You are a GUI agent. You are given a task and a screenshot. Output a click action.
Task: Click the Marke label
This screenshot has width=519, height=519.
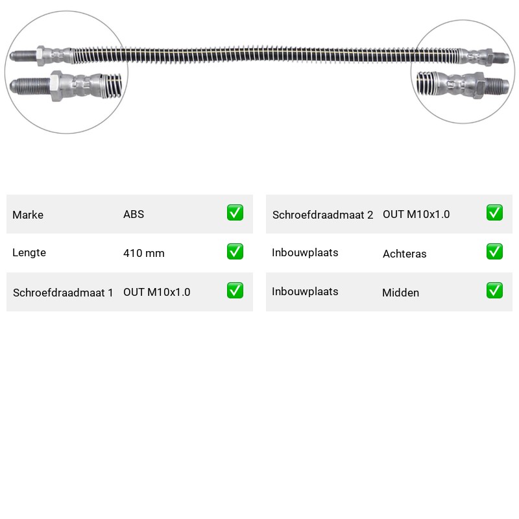coord(28,215)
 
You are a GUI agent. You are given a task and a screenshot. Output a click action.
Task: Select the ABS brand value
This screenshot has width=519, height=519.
coord(134,214)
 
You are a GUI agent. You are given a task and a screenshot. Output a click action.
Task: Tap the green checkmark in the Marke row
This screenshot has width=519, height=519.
coord(235,213)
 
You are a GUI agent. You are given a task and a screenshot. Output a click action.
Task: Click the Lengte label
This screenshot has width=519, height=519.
coord(29,252)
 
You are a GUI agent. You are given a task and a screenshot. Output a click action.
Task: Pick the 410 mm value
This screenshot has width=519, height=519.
coord(143,253)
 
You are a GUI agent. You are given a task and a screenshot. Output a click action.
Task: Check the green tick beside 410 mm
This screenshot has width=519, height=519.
coord(235,252)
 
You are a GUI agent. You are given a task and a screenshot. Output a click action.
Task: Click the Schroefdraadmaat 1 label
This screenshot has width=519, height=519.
coord(63,293)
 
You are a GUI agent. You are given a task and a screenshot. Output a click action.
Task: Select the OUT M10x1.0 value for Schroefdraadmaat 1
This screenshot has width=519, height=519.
coord(157,292)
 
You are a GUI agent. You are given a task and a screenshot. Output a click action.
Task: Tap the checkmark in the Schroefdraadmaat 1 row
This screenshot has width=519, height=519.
coord(235,290)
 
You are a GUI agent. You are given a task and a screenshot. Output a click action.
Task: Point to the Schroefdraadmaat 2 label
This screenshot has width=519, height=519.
coord(322,215)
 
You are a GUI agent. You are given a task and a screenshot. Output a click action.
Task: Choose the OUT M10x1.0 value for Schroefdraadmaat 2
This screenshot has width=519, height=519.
coord(416,214)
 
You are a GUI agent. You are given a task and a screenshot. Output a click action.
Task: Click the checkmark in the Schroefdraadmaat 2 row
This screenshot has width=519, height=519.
coord(494,213)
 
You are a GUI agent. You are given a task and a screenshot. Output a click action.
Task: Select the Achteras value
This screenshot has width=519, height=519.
coord(404,254)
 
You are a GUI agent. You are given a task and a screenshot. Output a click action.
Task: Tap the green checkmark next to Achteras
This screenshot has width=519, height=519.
coord(494,252)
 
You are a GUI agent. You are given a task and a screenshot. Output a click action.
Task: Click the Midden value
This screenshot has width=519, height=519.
coord(400,293)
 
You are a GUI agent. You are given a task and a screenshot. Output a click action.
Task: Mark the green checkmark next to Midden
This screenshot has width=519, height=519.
coord(494,290)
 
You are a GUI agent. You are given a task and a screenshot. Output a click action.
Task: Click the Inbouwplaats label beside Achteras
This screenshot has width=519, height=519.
coord(305,252)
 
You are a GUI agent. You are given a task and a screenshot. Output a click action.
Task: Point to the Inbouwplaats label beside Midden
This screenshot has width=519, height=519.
coord(305,291)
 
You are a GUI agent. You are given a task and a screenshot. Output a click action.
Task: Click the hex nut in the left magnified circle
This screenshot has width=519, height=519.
coord(56,86)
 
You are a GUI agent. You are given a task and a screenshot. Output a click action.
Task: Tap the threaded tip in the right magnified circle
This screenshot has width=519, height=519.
coord(496,86)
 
